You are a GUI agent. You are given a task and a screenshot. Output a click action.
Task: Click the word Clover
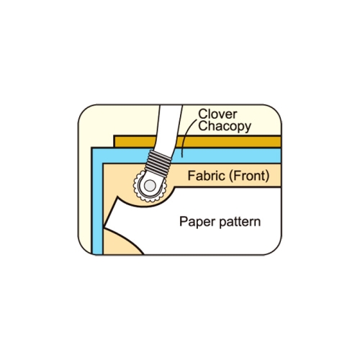pos(217,114)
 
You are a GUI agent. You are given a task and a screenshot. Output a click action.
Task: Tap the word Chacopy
pos(225,126)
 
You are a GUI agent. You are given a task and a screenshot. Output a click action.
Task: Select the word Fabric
pos(207,176)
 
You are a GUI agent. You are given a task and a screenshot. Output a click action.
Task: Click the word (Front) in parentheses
pos(249,176)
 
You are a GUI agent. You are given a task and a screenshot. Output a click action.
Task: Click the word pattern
pos(240,222)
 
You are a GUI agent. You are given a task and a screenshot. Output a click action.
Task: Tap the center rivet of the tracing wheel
pos(150,186)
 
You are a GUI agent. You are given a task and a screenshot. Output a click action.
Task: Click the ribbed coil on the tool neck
pos(158,163)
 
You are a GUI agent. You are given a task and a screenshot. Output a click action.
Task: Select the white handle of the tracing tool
pos(168,128)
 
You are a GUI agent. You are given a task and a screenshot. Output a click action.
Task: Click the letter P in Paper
pos(183,221)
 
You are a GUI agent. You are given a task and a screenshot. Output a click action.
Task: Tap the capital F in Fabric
pos(191,176)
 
